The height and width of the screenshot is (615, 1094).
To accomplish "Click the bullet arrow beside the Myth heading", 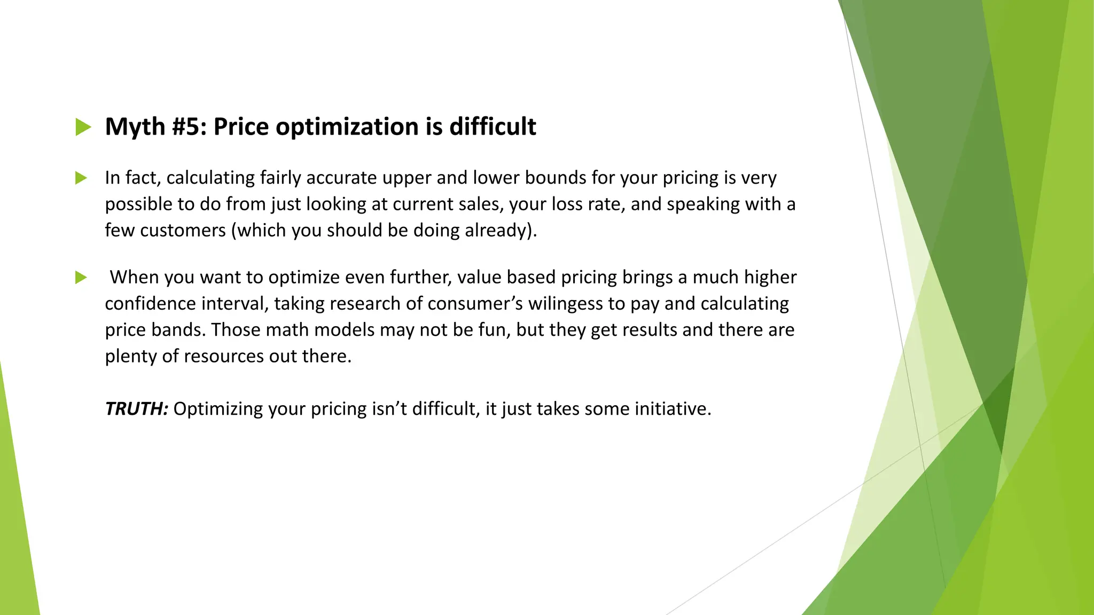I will [x=83, y=127].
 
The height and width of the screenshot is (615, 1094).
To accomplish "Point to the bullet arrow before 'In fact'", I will [x=81, y=178].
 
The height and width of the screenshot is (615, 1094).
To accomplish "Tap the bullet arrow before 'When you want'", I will [x=81, y=278].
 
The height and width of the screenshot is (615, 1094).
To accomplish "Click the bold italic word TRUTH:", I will [x=137, y=409].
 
